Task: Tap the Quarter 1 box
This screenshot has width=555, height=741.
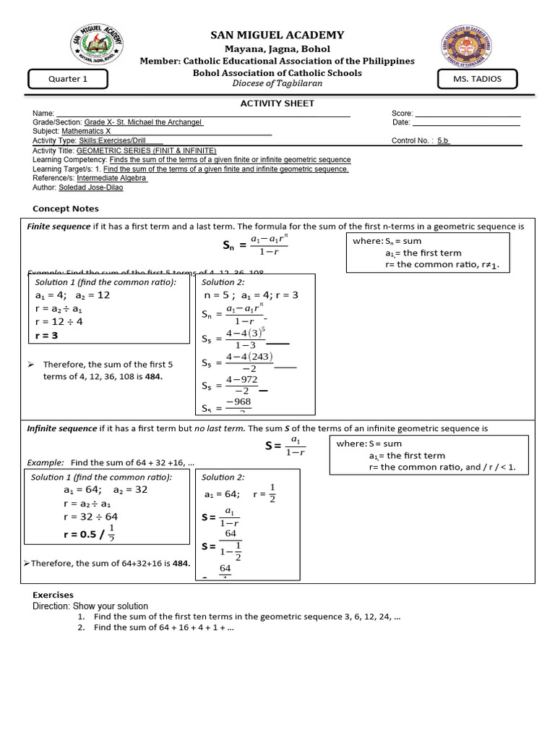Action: click(x=68, y=79)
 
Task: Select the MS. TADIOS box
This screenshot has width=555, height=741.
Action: click(x=478, y=79)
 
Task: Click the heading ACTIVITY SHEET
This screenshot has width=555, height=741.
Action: click(x=277, y=103)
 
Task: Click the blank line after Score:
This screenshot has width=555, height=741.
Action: click(x=468, y=114)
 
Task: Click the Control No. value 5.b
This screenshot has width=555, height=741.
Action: click(x=443, y=141)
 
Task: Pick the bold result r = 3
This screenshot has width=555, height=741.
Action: click(x=46, y=336)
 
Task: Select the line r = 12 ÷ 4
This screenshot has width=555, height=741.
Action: click(x=59, y=322)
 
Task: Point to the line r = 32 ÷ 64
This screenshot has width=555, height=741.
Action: click(x=90, y=517)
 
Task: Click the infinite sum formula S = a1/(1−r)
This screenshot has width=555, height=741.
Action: click(x=285, y=446)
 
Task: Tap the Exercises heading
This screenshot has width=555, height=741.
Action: click(x=53, y=595)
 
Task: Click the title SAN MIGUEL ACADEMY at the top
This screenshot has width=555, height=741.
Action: click(x=277, y=35)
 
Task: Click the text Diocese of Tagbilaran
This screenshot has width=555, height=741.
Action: click(x=277, y=84)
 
